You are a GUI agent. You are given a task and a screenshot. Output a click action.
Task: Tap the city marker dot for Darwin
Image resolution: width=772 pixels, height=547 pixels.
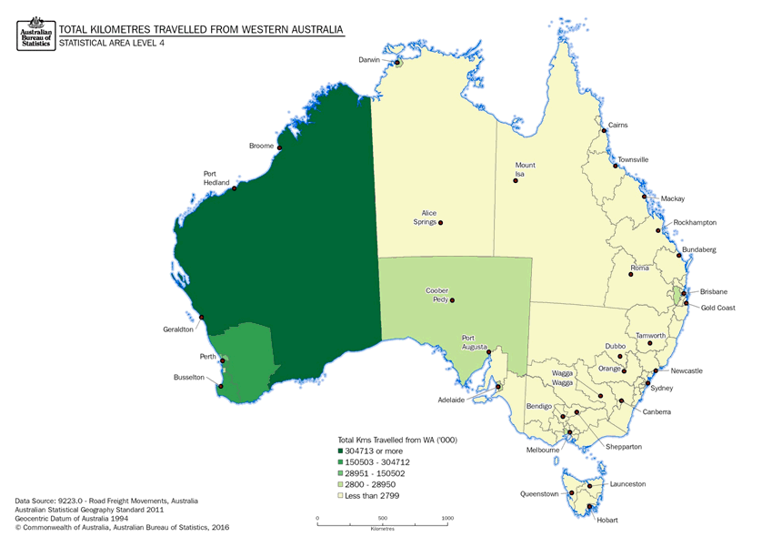coord(397,63)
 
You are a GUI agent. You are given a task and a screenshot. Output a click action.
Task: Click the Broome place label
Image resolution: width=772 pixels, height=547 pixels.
coord(261,146)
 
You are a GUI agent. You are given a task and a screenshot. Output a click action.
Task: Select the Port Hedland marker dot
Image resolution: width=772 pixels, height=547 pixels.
coord(235,188)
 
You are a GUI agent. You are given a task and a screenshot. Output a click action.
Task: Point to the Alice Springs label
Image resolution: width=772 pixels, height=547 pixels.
coord(422,218)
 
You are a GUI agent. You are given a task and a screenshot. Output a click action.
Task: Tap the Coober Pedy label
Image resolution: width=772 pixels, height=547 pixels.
coord(436,296)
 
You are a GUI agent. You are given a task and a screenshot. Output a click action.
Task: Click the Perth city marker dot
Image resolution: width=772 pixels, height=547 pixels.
coord(224,361)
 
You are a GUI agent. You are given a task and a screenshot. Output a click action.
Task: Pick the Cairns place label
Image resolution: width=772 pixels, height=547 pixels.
coord(617,125)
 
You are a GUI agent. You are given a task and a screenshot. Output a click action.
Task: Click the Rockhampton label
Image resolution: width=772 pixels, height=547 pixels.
coord(695,222)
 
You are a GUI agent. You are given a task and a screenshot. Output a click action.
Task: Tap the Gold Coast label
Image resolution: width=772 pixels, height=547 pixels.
coord(717,308)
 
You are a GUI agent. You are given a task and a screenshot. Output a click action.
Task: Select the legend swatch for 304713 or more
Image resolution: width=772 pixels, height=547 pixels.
coord(341,451)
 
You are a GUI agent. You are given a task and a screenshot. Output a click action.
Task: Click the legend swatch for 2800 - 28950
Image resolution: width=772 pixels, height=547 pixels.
coord(341,484)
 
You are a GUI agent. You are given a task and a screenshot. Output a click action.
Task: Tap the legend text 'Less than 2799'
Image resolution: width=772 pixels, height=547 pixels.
coord(373,496)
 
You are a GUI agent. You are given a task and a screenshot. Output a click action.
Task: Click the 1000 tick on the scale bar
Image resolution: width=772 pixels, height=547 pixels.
coord(447,518)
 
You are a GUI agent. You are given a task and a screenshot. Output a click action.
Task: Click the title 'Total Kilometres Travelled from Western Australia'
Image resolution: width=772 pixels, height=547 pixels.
coord(201,30)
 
